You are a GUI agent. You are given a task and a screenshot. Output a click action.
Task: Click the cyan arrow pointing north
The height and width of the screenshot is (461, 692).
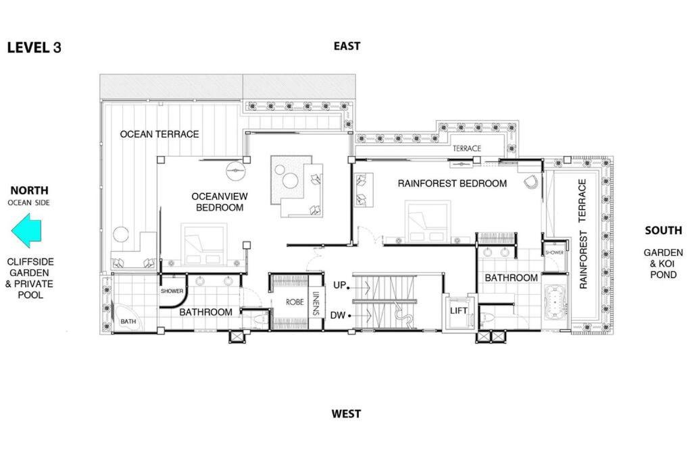click(26, 231)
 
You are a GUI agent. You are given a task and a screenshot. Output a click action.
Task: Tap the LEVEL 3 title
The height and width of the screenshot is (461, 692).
click(34, 48)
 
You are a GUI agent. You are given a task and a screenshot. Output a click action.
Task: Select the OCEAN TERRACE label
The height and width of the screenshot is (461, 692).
click(159, 134)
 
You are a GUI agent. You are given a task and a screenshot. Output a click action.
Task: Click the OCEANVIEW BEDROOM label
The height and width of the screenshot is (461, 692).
click(220, 202)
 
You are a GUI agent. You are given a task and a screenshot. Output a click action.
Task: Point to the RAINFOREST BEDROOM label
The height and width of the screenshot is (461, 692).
click(452, 184)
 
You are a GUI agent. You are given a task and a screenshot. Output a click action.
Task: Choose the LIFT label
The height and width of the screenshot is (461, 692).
click(459, 310)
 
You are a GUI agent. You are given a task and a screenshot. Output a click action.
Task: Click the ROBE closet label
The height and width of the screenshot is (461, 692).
click(295, 302)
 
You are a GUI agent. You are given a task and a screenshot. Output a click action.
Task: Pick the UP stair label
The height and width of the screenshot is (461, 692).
click(339, 285)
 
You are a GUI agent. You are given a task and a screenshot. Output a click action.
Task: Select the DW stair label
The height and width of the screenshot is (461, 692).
click(338, 316)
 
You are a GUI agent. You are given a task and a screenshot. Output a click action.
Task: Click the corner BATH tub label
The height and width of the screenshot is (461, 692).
click(128, 322)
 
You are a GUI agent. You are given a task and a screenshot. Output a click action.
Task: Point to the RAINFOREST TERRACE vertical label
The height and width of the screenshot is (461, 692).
click(583, 234)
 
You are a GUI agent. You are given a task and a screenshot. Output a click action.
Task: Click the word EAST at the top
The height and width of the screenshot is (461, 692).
click(347, 47)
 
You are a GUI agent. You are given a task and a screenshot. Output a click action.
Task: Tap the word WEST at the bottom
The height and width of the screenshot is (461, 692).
click(346, 414)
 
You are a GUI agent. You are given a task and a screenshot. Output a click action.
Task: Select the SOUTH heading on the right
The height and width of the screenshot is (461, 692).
click(664, 231)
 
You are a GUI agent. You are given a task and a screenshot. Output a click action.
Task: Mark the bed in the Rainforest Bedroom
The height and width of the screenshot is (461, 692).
click(428, 221)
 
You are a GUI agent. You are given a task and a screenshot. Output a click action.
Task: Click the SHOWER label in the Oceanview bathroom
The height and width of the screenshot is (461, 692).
click(172, 291)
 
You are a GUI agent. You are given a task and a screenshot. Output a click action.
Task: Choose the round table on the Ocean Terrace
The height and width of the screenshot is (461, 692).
click(120, 234)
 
